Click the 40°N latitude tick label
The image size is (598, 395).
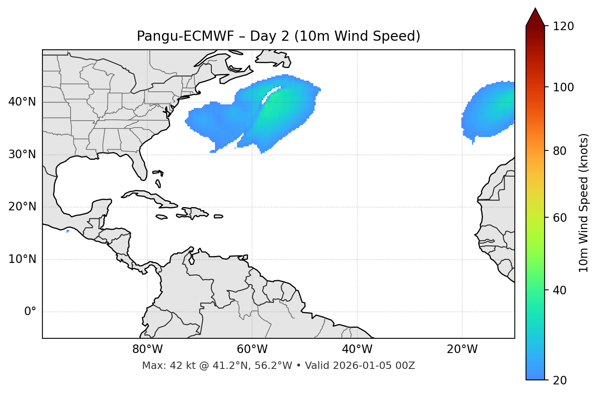tap(22, 102)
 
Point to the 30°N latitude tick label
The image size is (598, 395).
tap(22, 154)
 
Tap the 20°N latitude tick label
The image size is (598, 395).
tap(22, 207)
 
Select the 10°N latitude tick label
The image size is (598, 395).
tap(22, 259)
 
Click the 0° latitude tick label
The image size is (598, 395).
tap(30, 312)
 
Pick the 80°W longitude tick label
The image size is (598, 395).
tap(147, 349)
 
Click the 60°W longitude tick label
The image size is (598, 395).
tap(252, 349)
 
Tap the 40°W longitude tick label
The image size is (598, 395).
tap(357, 349)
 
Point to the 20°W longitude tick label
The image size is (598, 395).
tap(462, 349)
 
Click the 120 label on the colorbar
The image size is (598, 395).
tap(563, 26)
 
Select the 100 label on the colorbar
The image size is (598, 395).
tap(563, 87)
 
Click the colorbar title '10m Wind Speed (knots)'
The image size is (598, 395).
tap(584, 203)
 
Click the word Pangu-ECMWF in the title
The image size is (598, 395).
tap(185, 36)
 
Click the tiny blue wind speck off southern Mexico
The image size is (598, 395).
tap(68, 231)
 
